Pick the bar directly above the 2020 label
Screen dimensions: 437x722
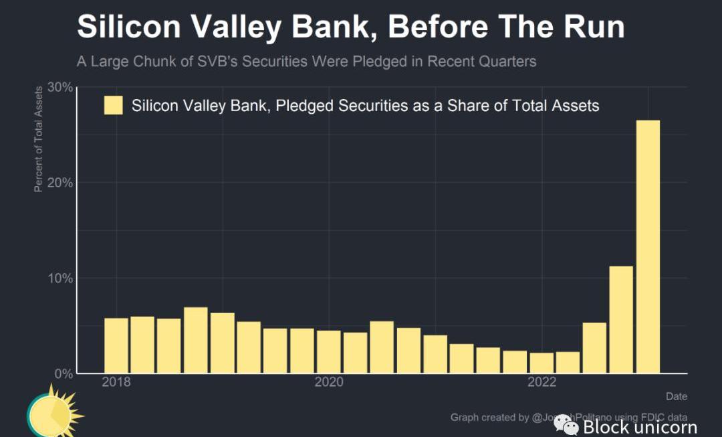point(329,351)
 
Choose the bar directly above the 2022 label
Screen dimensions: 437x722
point(541,363)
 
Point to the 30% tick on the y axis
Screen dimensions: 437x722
point(59,88)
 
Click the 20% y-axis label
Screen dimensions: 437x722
point(59,183)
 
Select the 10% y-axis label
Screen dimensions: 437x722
point(59,278)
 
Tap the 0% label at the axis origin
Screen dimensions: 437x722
point(63,373)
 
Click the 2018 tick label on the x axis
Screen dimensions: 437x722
point(116,382)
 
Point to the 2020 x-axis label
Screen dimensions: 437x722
point(329,382)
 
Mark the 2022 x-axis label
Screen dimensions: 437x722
point(541,382)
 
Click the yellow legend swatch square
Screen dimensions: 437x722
point(114,106)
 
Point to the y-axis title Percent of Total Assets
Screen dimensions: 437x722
point(39,139)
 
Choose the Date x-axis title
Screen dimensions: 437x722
point(676,397)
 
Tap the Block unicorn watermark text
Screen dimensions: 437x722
point(639,426)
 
